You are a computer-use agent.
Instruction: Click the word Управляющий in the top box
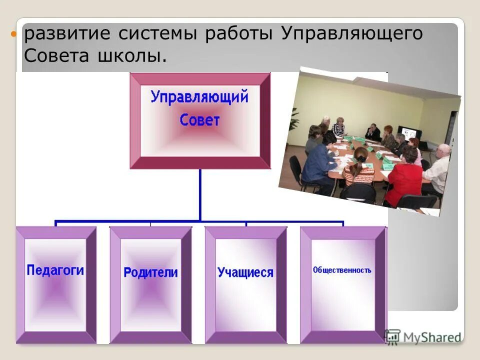click(x=199, y=96)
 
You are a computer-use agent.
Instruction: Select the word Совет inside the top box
click(x=199, y=120)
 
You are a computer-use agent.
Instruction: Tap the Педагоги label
click(x=55, y=270)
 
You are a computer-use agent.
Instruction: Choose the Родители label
click(x=150, y=272)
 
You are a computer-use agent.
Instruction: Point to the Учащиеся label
click(x=245, y=272)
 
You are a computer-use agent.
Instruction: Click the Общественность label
click(x=342, y=270)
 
